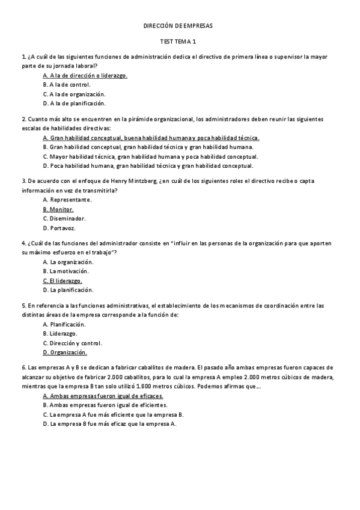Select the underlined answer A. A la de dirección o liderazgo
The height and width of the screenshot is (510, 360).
[85, 76]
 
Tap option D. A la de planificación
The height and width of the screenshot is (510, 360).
[74, 103]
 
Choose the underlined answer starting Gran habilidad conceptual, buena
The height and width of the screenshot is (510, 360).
[151, 138]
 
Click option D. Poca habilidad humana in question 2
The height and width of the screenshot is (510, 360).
[148, 165]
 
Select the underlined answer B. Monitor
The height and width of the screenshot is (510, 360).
[58, 209]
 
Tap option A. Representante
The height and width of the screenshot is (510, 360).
[67, 200]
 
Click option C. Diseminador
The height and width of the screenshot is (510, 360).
[64, 218]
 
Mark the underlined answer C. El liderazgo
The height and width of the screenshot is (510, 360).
[63, 281]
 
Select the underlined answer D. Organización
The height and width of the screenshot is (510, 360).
[65, 352]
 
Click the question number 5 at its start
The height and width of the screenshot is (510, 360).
[23, 306]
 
